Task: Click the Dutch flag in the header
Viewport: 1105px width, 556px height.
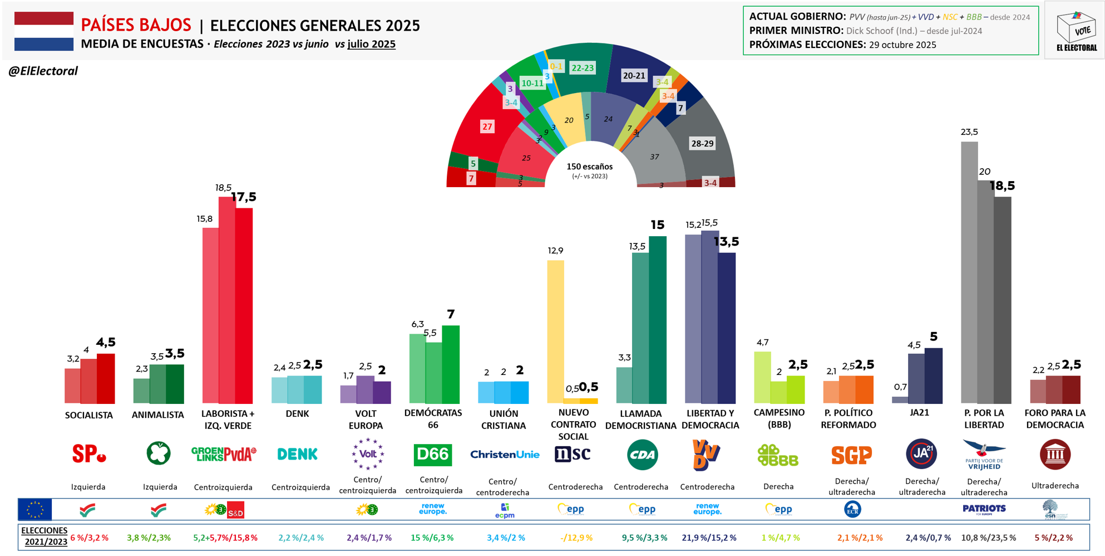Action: (x=44, y=31)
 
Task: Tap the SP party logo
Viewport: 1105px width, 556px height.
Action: (x=88, y=454)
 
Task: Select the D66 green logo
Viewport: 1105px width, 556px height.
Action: (x=433, y=455)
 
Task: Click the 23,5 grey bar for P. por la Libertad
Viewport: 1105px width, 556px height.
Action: (x=969, y=273)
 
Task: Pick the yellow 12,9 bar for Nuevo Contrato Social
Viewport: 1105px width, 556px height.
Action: (x=555, y=331)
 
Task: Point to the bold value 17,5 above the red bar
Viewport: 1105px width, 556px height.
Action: (x=244, y=197)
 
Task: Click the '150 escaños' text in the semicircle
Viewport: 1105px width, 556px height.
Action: (x=589, y=167)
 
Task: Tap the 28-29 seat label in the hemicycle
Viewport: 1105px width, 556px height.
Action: (x=702, y=144)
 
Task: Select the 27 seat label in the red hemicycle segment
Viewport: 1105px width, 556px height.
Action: (x=487, y=127)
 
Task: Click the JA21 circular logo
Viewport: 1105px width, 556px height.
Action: (x=921, y=454)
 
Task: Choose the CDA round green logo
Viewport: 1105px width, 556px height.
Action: (x=642, y=455)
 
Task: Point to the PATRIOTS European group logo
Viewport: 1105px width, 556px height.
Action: (x=984, y=509)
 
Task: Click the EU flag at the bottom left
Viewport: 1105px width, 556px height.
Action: (x=35, y=509)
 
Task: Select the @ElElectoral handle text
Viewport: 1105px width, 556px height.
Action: (x=43, y=71)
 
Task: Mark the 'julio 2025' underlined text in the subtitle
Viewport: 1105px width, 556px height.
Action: (x=371, y=44)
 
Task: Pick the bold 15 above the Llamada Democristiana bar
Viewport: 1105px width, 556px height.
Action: (x=658, y=225)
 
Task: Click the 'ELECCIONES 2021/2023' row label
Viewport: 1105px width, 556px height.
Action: (x=44, y=536)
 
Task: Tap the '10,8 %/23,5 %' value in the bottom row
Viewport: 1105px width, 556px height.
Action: (x=988, y=538)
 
